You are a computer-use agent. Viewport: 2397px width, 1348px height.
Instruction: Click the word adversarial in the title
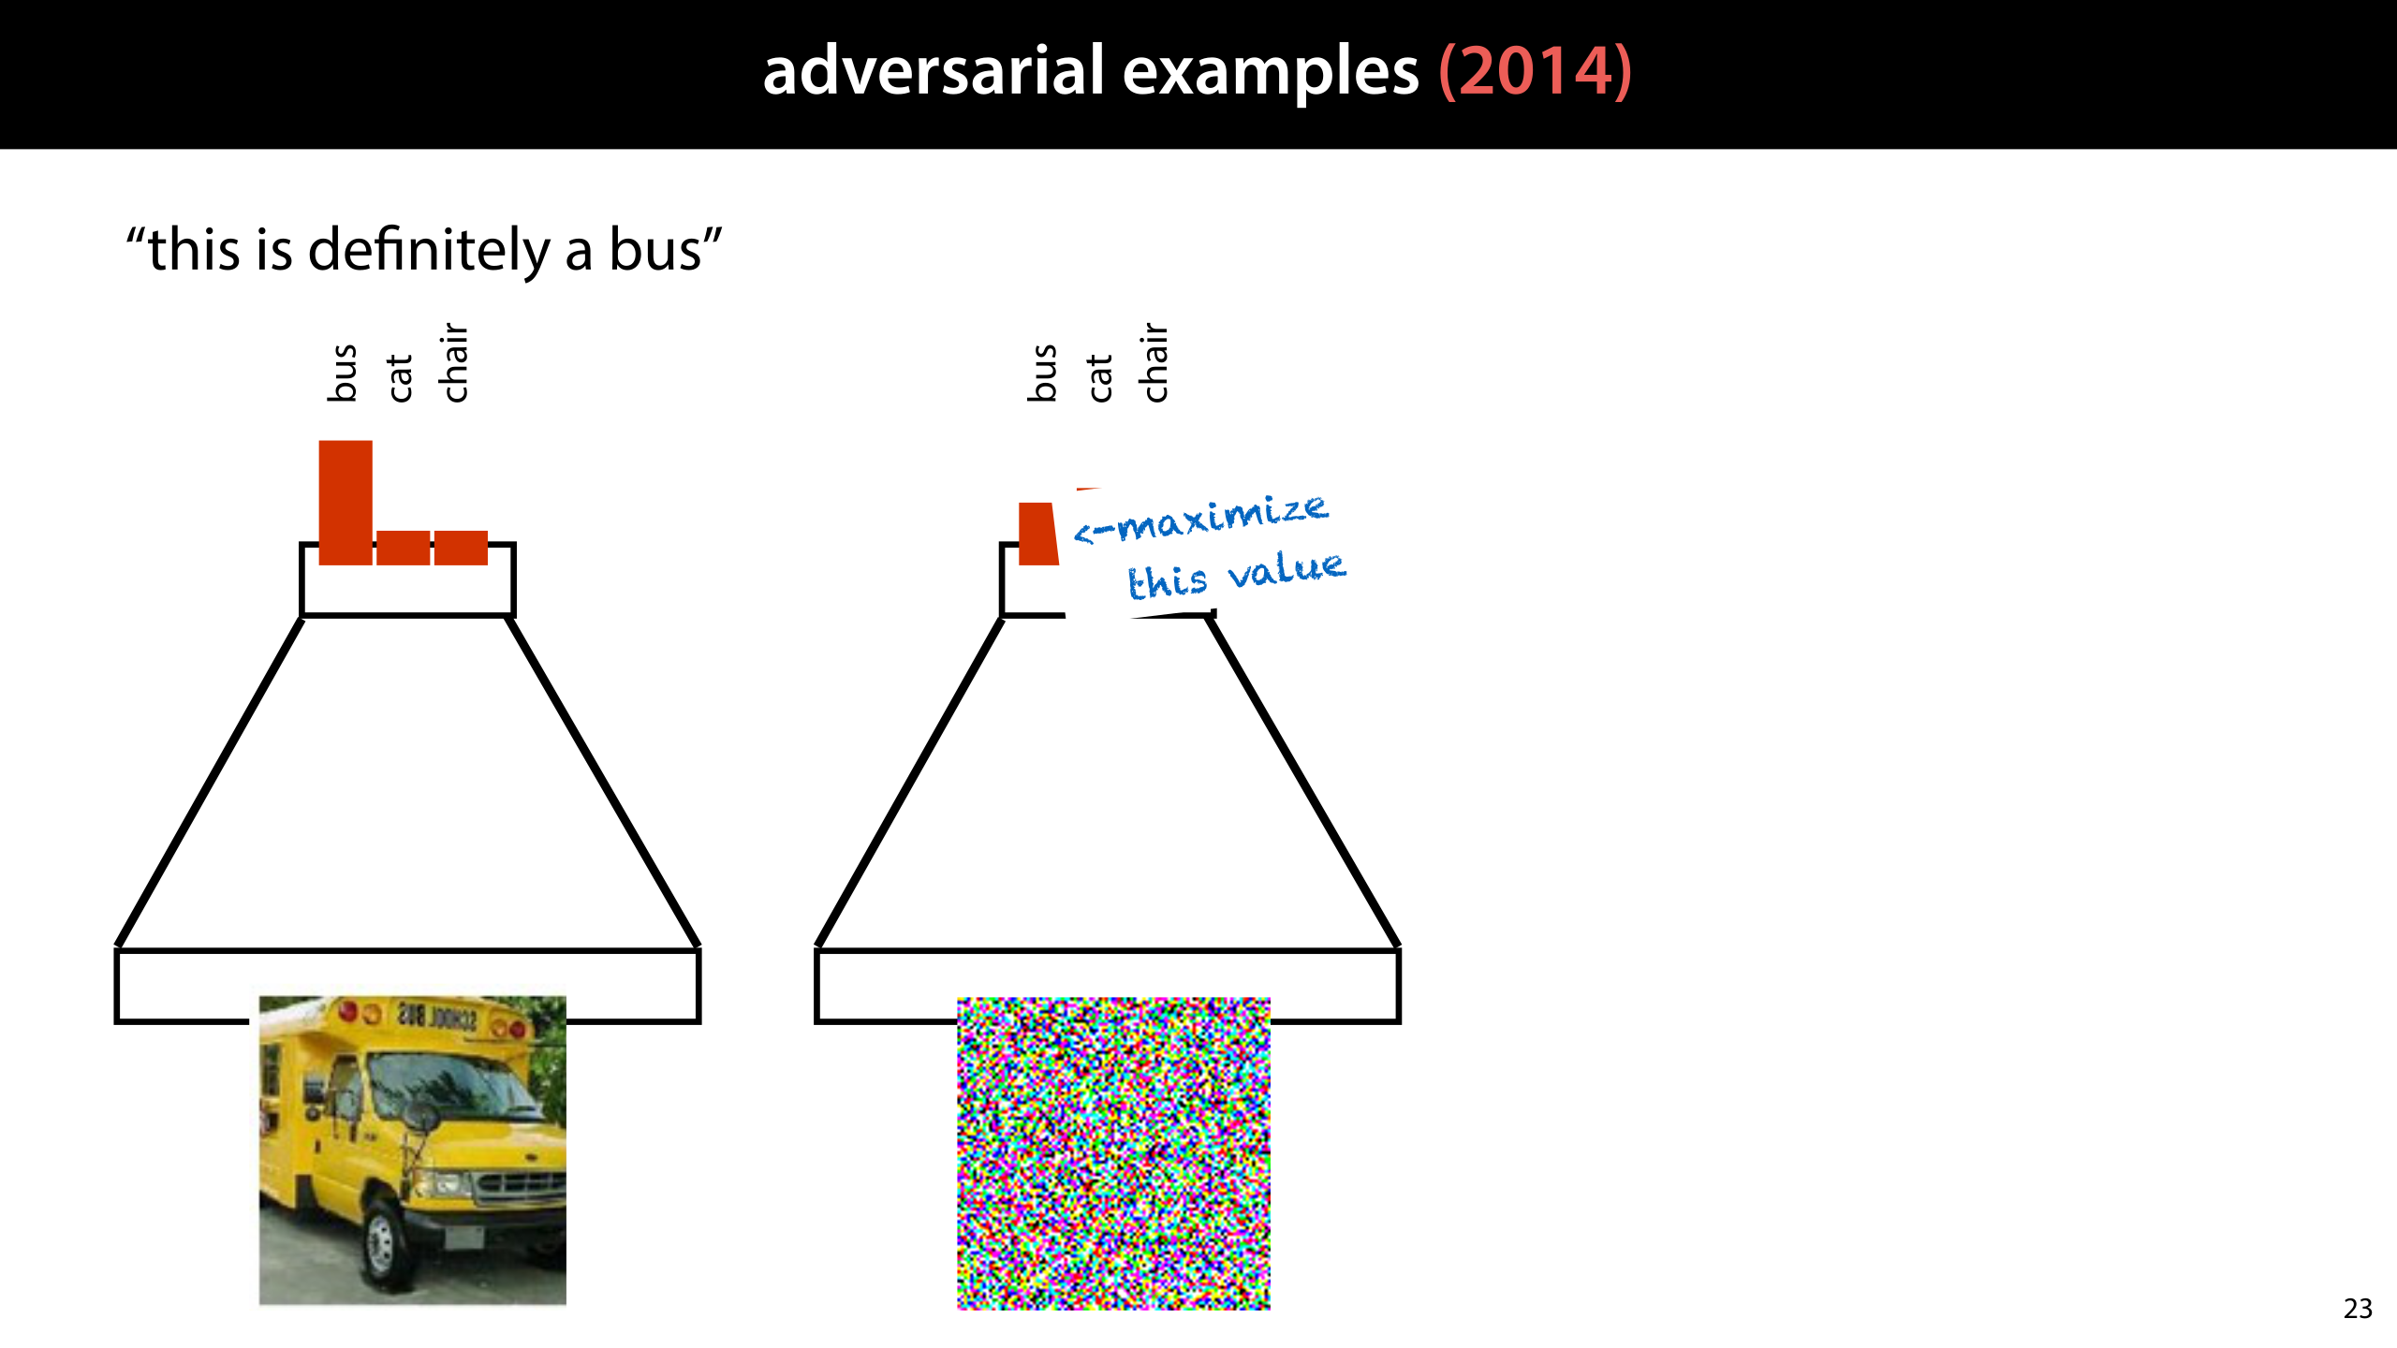[x=934, y=72]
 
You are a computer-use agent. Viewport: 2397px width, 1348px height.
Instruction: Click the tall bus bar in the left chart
[x=346, y=503]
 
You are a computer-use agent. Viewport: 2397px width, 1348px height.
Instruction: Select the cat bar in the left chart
[x=403, y=548]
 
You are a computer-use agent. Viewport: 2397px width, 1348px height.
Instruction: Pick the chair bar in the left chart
[x=461, y=548]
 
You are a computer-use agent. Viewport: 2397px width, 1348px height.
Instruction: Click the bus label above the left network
[x=344, y=373]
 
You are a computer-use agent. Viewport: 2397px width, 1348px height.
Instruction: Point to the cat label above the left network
[x=400, y=377]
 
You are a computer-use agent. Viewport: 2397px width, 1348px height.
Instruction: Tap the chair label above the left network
[x=455, y=363]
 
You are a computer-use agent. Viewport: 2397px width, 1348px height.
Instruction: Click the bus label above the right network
[x=1043, y=373]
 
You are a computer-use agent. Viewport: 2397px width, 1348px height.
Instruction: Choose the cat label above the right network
[x=1100, y=377]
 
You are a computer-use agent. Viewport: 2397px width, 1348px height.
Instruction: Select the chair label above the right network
[x=1155, y=363]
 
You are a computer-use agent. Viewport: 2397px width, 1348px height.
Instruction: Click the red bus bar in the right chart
[x=1037, y=535]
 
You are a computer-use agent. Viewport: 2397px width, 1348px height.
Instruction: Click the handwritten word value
[x=1287, y=569]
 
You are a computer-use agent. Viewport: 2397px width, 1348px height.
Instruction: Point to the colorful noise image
[x=1113, y=1153]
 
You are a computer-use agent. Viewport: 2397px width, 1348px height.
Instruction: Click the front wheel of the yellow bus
[x=381, y=1239]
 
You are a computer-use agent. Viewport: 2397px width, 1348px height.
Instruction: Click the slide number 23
[x=2358, y=1309]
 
